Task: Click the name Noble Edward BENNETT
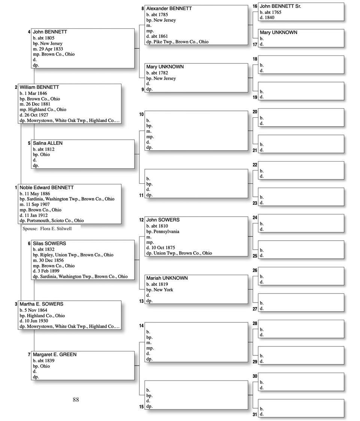[x=46, y=187]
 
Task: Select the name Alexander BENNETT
[x=169, y=8]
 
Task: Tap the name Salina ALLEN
[x=48, y=143]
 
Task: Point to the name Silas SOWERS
[x=49, y=243]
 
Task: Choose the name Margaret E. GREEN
[x=54, y=354]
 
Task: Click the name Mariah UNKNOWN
[x=167, y=278]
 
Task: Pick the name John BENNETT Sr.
[x=281, y=6]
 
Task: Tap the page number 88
[x=76, y=400]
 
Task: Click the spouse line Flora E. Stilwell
[x=47, y=228]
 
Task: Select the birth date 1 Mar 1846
[x=36, y=93]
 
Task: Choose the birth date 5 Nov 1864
[x=36, y=310]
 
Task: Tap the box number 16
[x=255, y=6]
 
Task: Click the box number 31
[x=255, y=414]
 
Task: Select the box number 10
[x=141, y=114]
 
